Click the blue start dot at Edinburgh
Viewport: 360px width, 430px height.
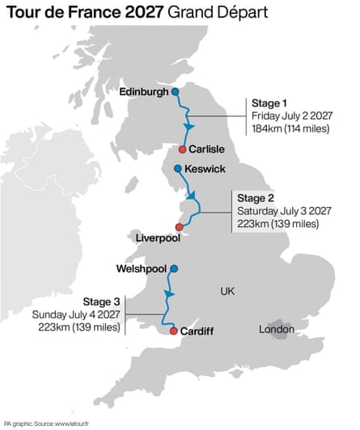pos(176,92)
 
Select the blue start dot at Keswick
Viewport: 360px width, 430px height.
pos(178,168)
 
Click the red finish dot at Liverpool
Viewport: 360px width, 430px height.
pos(179,227)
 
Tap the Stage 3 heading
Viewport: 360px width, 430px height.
pos(101,302)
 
